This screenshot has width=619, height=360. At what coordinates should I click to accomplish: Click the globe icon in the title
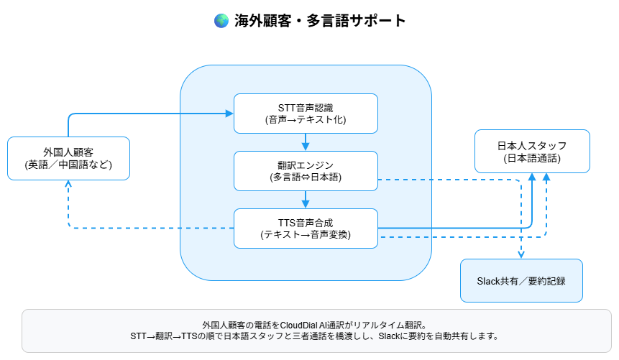click(x=221, y=21)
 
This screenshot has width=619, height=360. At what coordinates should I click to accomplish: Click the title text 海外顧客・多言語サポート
click(x=320, y=21)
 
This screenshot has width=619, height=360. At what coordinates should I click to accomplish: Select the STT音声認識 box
click(x=306, y=114)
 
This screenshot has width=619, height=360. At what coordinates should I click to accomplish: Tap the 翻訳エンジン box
click(x=306, y=171)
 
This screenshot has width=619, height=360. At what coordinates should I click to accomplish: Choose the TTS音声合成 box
click(x=306, y=229)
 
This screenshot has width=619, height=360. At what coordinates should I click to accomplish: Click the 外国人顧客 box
click(x=68, y=158)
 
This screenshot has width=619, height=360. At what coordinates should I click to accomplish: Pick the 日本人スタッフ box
click(x=532, y=151)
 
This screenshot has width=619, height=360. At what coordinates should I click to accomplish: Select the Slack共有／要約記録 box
click(x=521, y=280)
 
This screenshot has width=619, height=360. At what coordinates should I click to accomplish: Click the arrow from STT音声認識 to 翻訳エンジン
click(x=306, y=142)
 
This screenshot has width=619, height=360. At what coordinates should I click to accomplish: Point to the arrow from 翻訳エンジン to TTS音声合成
click(x=306, y=199)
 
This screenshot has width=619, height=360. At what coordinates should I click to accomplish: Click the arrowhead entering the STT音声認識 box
click(x=229, y=114)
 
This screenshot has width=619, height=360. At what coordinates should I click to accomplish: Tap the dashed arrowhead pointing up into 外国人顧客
click(x=68, y=184)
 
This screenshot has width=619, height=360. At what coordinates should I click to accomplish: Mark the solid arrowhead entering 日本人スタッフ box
click(x=532, y=177)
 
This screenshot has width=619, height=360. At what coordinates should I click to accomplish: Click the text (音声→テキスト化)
click(x=306, y=120)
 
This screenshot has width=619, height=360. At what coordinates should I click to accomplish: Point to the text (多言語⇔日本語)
click(x=306, y=177)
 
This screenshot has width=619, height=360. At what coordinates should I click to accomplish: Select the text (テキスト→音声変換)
click(x=306, y=235)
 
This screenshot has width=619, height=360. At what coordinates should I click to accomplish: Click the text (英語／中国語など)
click(x=68, y=165)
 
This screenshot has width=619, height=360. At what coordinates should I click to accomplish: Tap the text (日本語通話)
click(x=532, y=157)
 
